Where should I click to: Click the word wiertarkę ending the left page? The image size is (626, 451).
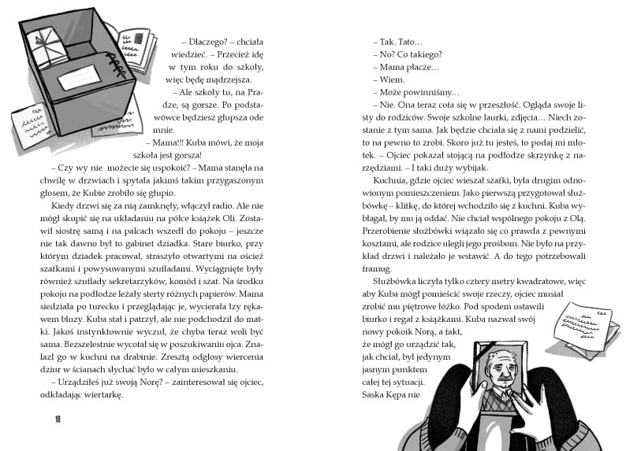tap(103, 395)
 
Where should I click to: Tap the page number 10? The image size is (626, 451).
tap(58, 418)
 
